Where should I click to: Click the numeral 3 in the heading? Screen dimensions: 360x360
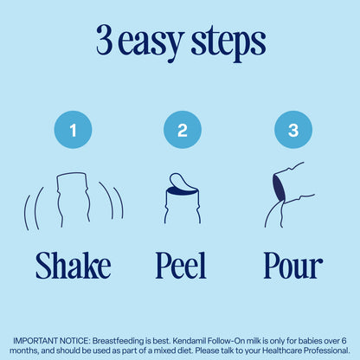coord(104,40)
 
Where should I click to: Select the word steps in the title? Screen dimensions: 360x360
coord(228,44)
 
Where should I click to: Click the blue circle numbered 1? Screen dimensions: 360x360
coord(73,130)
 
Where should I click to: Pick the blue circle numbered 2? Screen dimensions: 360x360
coord(183,130)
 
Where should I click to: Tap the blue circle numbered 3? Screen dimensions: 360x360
coord(293,130)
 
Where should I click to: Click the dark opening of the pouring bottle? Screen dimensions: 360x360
coord(279,189)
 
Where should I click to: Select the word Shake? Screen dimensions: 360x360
coord(74,266)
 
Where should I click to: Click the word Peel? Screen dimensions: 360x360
coord(181,266)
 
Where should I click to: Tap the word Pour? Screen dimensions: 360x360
coord(293,266)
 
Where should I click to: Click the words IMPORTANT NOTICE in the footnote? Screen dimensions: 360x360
coord(51,341)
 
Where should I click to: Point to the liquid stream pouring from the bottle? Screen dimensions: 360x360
coord(274,214)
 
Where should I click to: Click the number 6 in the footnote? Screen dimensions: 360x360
coord(344,341)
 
